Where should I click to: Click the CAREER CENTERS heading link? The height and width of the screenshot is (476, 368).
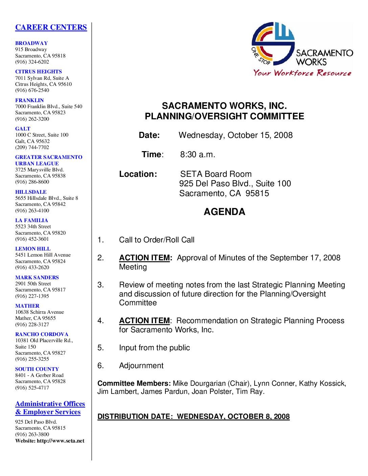click(51, 27)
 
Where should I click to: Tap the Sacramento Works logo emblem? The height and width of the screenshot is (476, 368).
click(273, 44)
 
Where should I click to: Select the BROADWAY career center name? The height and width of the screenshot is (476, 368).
click(31, 43)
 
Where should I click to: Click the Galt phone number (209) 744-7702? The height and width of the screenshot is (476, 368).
click(32, 147)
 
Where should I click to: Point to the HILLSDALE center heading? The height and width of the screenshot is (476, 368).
click(31, 192)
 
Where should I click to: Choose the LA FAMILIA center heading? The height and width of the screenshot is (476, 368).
click(31, 220)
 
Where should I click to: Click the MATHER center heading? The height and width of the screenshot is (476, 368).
click(27, 306)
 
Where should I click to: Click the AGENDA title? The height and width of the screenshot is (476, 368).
click(224, 212)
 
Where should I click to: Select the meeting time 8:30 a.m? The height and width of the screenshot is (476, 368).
click(198, 154)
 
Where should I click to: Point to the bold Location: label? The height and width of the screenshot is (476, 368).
click(138, 174)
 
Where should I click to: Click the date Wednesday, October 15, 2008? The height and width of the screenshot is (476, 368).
click(235, 135)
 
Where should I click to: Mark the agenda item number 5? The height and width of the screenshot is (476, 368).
click(100, 348)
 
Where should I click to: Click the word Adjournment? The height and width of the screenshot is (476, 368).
click(141, 366)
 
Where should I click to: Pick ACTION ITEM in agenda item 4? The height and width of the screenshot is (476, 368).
click(144, 321)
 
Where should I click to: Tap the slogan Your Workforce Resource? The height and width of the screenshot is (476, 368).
click(302, 73)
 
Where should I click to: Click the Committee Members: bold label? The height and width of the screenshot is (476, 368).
click(134, 384)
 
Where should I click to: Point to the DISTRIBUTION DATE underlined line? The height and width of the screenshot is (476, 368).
click(193, 416)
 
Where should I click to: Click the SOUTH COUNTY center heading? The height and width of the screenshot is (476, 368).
click(37, 369)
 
